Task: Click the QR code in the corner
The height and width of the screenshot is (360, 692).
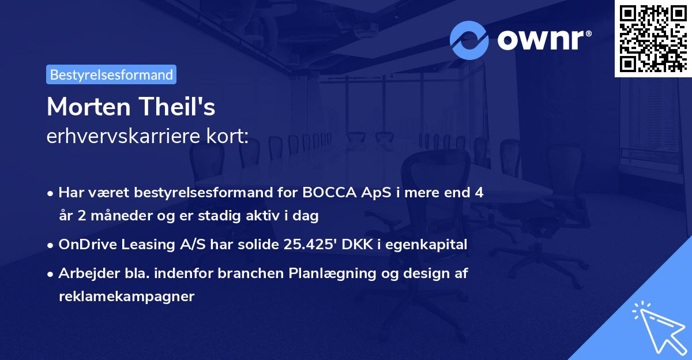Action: tap(653, 39)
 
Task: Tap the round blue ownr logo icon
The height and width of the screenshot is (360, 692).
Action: tap(469, 40)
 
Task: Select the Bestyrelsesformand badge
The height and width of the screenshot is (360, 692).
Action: tap(111, 74)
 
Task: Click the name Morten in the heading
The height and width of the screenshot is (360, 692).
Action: tap(89, 107)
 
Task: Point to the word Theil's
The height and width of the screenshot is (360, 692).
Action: tap(178, 106)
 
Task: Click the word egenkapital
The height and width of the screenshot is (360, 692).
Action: tap(426, 245)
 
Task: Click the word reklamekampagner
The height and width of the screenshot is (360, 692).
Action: tap(127, 297)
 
